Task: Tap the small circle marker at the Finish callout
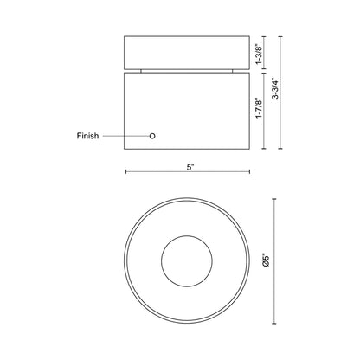[152, 136]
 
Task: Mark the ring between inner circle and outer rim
[147, 257]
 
